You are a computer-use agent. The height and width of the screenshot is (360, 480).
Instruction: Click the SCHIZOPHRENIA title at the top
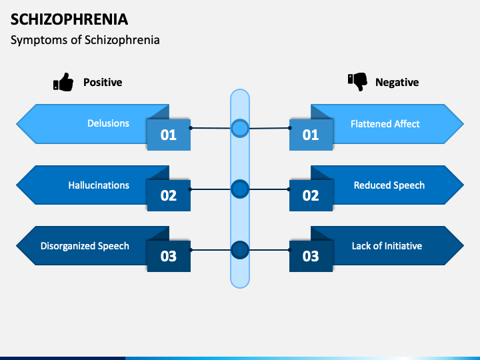[x=70, y=19]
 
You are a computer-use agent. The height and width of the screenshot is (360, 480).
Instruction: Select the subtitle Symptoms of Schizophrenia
[x=85, y=40]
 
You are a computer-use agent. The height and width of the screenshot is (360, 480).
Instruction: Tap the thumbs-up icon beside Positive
[x=63, y=83]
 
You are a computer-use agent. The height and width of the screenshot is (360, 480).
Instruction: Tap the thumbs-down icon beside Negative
[x=357, y=82]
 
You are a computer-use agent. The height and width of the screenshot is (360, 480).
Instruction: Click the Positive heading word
[x=103, y=83]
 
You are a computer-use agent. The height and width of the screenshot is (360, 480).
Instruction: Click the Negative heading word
[x=397, y=83]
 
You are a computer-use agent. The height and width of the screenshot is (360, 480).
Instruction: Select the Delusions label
[x=108, y=123]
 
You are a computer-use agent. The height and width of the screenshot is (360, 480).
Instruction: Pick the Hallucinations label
[x=99, y=185]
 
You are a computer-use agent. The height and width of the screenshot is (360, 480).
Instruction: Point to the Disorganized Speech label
[x=85, y=246]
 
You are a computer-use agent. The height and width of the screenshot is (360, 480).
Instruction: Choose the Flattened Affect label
[x=385, y=124]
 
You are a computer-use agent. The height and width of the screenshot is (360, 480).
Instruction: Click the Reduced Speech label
[x=389, y=185]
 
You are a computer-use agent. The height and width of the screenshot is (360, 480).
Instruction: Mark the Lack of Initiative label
[x=387, y=246]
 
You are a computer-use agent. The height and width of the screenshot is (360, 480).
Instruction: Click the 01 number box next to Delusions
[x=169, y=135]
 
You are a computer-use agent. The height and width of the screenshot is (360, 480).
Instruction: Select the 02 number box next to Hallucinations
[x=169, y=196]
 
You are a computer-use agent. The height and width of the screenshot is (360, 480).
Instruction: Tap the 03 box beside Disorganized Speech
[x=169, y=257]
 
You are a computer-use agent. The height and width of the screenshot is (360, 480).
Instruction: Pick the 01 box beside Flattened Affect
[x=311, y=135]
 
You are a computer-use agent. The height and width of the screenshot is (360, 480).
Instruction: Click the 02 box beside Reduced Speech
[x=311, y=196]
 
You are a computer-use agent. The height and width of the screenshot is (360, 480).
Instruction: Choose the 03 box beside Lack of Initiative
[x=311, y=257]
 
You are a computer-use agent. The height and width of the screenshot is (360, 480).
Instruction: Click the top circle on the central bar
[x=240, y=128]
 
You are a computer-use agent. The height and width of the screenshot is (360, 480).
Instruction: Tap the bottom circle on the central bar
[x=240, y=250]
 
